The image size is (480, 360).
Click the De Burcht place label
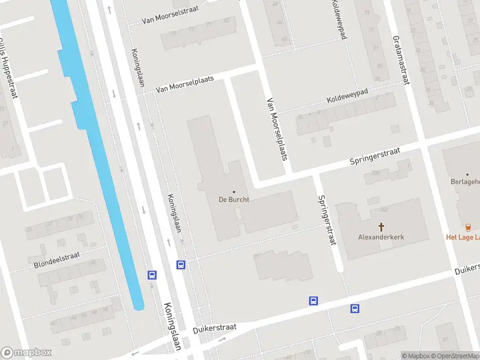[x=234, y=199]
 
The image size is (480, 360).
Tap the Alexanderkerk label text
[x=381, y=237]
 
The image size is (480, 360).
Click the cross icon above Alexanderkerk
[x=381, y=226]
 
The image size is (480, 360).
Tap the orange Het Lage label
[x=463, y=237]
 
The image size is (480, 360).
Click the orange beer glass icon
[x=469, y=226]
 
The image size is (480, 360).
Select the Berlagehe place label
[x=465, y=181]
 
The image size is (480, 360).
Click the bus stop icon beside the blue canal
[x=152, y=275]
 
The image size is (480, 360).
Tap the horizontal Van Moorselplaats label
[x=184, y=85]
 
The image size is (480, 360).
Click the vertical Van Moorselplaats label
[x=278, y=130]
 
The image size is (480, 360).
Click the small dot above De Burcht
[x=234, y=191]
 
